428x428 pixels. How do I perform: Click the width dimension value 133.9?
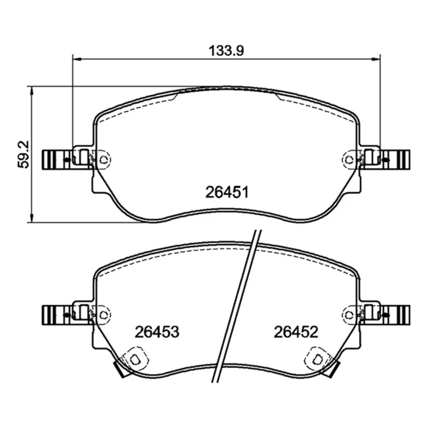tap(226, 51)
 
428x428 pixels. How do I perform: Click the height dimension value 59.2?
tap(23, 154)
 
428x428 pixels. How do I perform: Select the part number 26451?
tap(227, 192)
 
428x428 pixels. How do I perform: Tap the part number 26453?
tap(157, 332)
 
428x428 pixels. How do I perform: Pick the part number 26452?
tap(296, 332)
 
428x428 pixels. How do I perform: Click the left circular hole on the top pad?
tap(103, 160)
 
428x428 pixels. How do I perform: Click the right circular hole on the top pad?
tap(349, 160)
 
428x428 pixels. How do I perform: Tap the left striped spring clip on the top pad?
tap(56, 160)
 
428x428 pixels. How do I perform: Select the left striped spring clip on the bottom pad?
tap(56, 315)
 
